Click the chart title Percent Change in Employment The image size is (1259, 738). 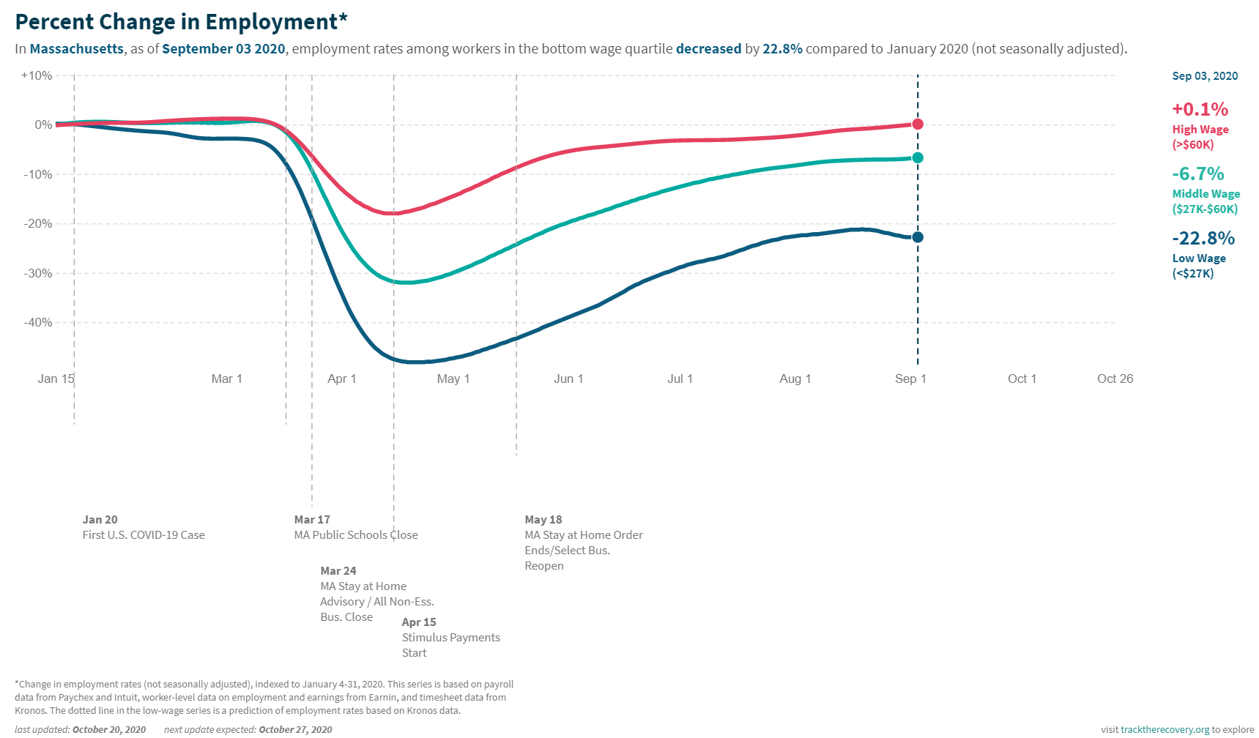pos(180,22)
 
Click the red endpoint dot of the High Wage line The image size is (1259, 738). pos(917,124)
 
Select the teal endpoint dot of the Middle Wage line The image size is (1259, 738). pos(917,157)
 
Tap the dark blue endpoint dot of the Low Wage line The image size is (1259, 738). pos(917,237)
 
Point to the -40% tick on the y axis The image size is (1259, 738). pos(37,322)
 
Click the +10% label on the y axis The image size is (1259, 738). pos(37,75)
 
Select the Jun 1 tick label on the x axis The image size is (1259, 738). pos(568,379)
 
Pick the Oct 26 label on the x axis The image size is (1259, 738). pos(1115,379)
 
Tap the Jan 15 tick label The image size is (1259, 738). pos(56,379)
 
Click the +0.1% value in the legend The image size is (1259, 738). pos(1200,109)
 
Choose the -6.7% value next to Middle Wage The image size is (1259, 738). pos(1197,174)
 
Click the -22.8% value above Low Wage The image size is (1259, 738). pos(1203,238)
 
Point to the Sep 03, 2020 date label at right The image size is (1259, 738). pos(1205,76)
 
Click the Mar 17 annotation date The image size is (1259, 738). pos(312,519)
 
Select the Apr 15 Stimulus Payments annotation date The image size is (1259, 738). pos(419,622)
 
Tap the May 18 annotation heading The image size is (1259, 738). pos(543,519)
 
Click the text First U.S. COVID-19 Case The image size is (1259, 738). pos(144,535)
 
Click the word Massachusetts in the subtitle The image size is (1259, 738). pos(77,49)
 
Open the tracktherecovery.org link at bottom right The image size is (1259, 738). pos(1165,729)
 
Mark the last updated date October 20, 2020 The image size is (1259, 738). pos(108,729)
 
